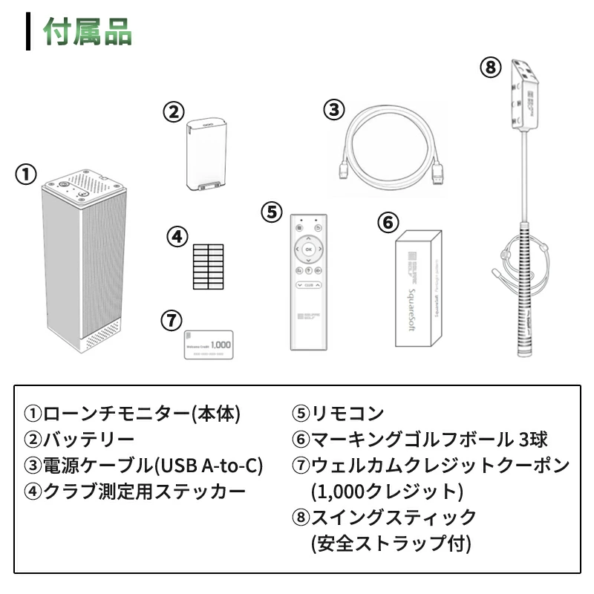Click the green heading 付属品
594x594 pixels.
tap(88, 33)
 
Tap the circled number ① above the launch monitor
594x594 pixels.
tap(26, 175)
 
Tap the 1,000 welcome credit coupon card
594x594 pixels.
tap(209, 345)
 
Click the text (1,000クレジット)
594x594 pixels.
tap(387, 492)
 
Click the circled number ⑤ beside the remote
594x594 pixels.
tap(272, 212)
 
